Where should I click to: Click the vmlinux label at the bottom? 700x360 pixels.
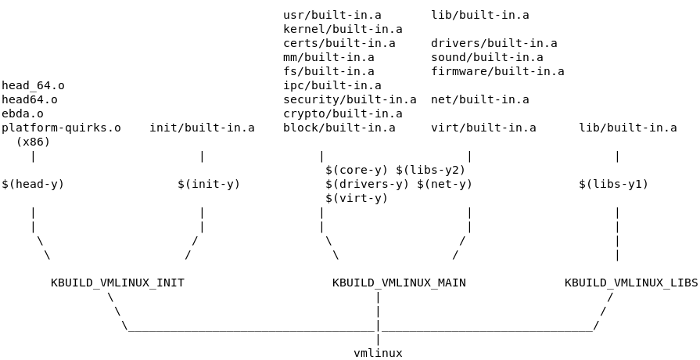[x=378, y=353]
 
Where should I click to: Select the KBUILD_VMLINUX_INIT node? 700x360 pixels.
[x=117, y=283]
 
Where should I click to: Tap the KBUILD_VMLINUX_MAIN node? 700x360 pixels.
[x=399, y=283]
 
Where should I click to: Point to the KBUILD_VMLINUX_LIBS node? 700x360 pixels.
[x=631, y=283]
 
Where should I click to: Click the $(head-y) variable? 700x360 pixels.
[x=33, y=184]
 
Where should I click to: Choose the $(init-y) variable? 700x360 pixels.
[x=208, y=184]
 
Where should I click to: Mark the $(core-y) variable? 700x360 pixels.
[x=357, y=170]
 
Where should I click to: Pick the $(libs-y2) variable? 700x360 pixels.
[x=431, y=170]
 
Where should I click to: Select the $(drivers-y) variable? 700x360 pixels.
[x=367, y=184]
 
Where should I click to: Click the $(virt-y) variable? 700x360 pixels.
[x=357, y=198]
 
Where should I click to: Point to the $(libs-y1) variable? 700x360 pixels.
[x=613, y=184]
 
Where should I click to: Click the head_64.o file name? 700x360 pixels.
[x=33, y=86]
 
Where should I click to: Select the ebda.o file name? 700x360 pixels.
[x=22, y=114]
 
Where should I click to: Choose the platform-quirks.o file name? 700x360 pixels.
[x=61, y=128]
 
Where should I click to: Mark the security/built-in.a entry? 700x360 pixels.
[x=350, y=100]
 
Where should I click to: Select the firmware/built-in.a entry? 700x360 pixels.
[x=498, y=71]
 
